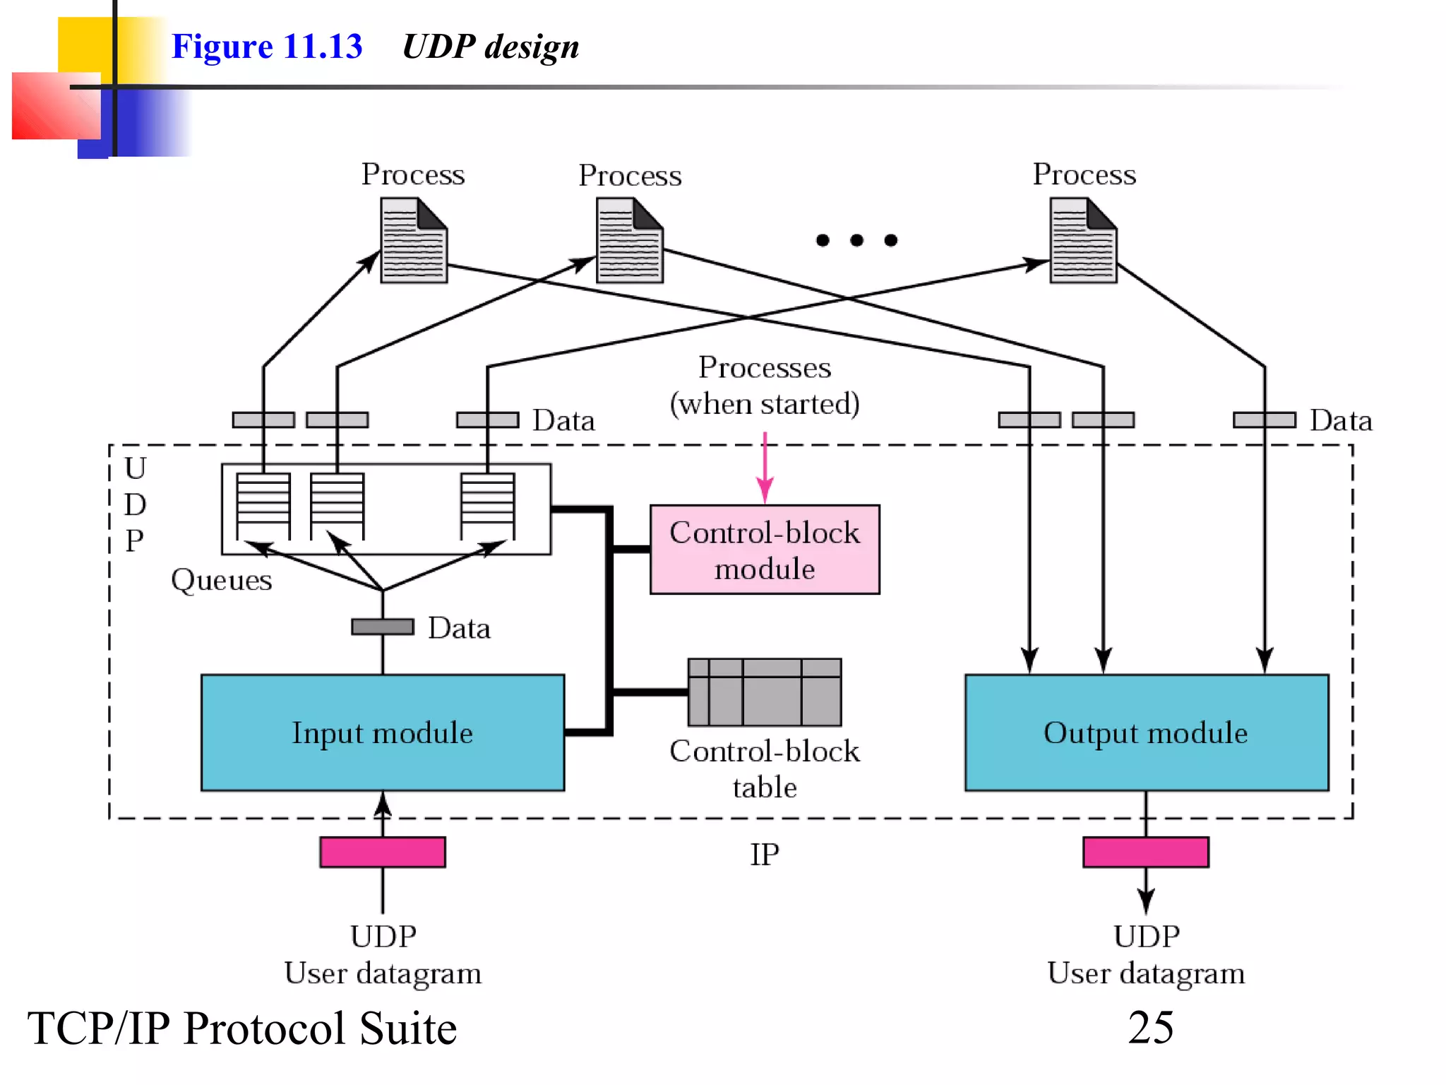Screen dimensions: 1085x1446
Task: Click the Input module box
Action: click(382, 733)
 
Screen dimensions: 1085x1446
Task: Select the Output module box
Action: click(1146, 733)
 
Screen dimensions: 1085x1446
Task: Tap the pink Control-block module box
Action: click(765, 550)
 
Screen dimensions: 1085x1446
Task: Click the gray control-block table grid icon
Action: click(765, 692)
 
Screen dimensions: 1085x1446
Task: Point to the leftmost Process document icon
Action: click(414, 240)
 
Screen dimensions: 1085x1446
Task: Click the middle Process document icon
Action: click(629, 240)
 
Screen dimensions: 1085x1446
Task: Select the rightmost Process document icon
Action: click(1083, 240)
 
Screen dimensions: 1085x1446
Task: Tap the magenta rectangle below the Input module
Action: click(382, 852)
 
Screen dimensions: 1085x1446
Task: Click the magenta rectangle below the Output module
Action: click(1146, 852)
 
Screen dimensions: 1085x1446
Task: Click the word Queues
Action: click(221, 580)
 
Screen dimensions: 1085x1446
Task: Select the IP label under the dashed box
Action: click(765, 855)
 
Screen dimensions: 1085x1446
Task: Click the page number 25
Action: click(1150, 1028)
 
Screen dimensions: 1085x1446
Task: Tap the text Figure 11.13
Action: click(267, 47)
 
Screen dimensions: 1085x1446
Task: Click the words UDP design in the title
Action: click(490, 47)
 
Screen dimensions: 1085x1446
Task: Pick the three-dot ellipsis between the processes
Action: click(856, 240)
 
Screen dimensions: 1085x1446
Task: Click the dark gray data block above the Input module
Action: click(382, 627)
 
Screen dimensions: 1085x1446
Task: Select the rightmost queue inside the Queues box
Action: click(487, 506)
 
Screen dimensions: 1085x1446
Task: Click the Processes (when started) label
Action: click(765, 386)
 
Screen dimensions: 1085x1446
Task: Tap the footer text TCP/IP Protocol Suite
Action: click(241, 1028)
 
